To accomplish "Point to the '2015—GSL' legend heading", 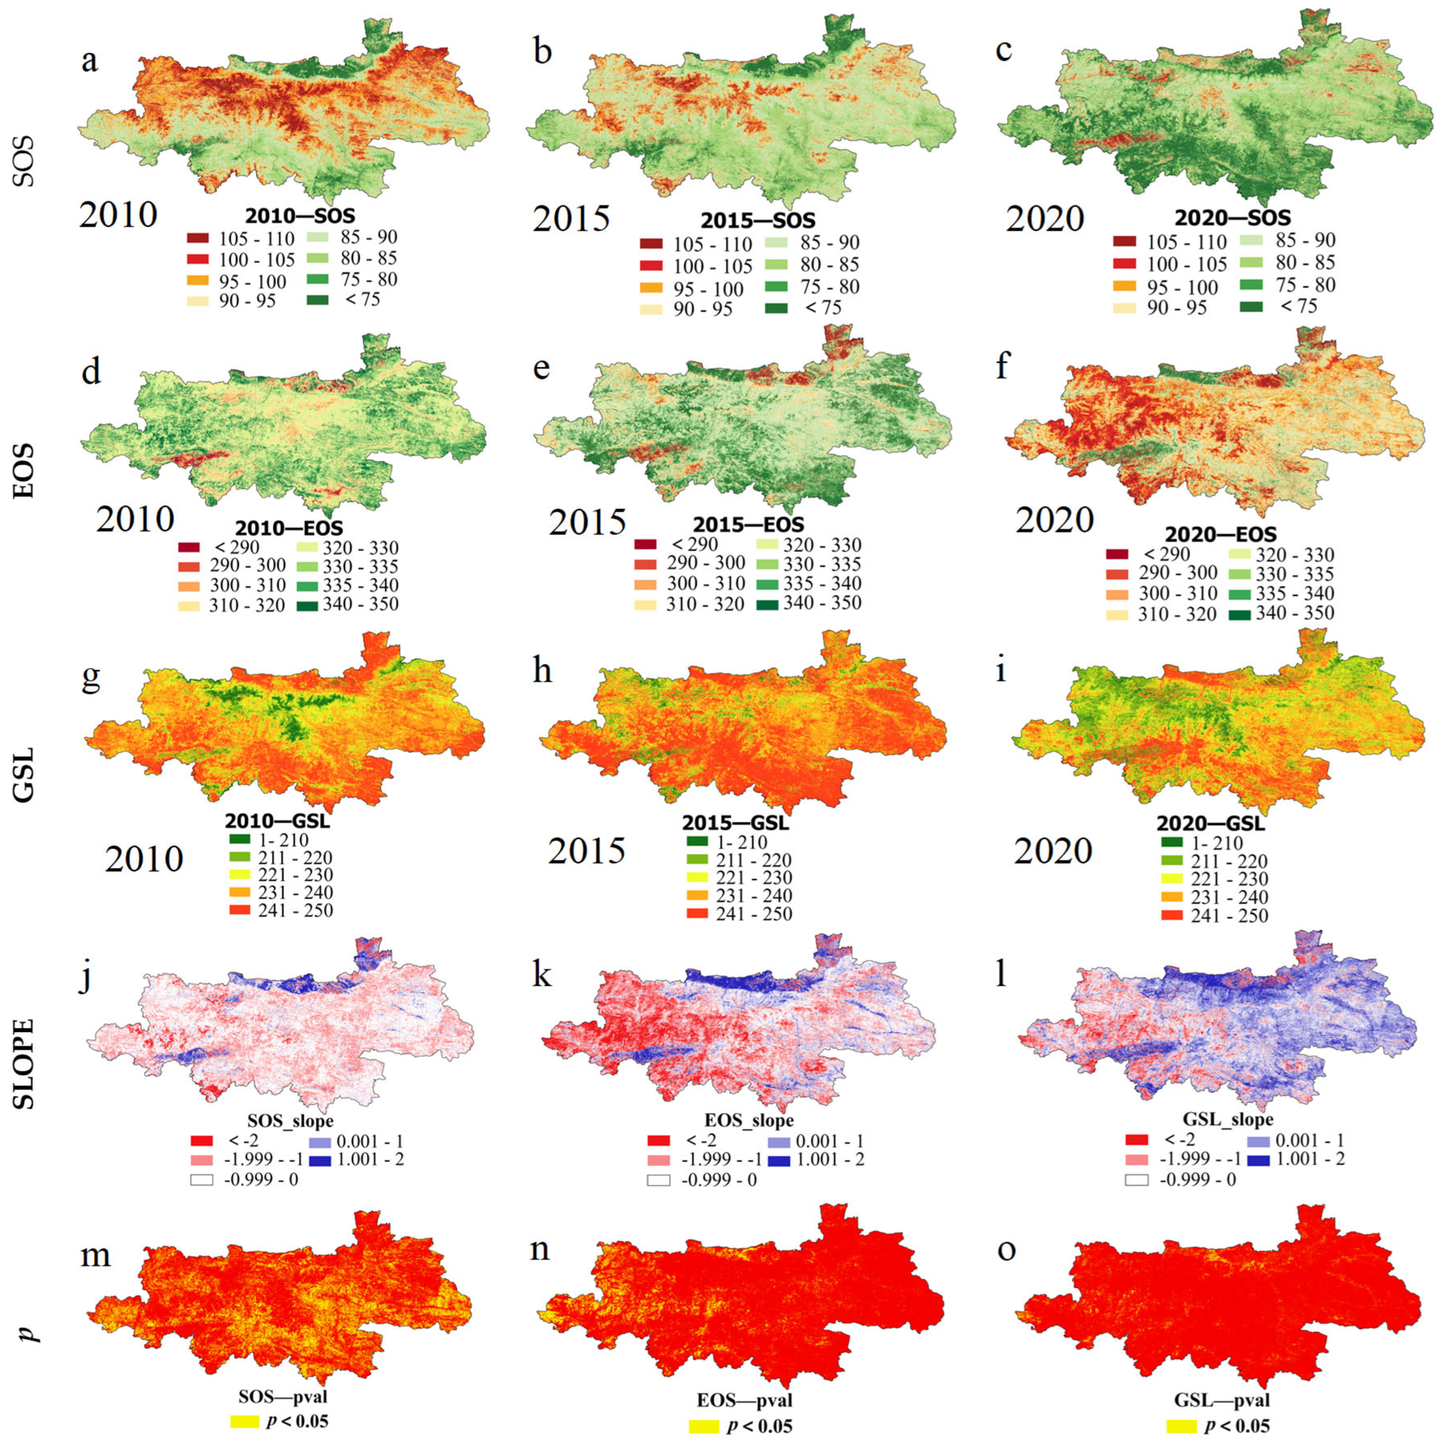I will point(735,823).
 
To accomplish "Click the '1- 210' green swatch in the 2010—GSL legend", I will point(240,839).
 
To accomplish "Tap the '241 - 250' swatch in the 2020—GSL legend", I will point(1172,916).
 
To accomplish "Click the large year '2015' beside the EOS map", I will point(587,522).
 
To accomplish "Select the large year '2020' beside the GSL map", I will point(1053,851).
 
